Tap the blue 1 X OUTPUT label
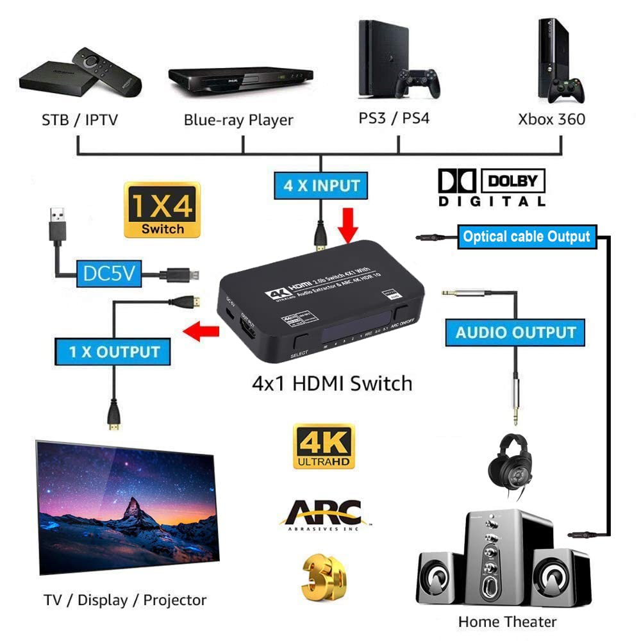[115, 351]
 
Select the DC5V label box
[108, 274]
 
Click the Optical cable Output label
[526, 237]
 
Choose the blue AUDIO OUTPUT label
[515, 333]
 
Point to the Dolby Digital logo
[492, 188]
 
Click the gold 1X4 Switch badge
[163, 210]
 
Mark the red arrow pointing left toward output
[199, 332]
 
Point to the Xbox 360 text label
[552, 119]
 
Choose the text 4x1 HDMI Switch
[331, 383]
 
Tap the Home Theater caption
[507, 621]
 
